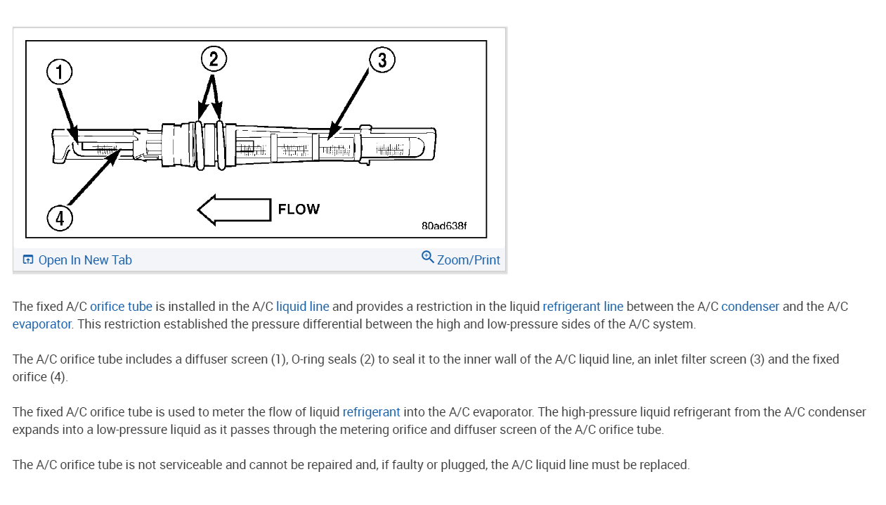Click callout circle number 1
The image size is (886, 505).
coord(60,71)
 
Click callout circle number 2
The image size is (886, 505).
coord(214,58)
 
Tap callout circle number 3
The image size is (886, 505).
coord(382,60)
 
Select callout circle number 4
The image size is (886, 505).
coord(60,218)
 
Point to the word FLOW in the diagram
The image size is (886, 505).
coord(299,210)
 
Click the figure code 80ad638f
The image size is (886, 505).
coord(444,226)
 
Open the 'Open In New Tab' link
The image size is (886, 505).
coord(85,260)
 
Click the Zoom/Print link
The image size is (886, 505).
coord(469,260)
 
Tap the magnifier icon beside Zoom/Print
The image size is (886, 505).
coord(427,257)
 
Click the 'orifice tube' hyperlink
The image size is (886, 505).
coord(121,307)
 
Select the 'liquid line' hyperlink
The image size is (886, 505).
coord(302,307)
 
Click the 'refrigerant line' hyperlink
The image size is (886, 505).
coord(582,307)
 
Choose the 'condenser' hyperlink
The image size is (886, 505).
coord(750,307)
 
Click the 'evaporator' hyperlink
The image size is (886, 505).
coord(42,324)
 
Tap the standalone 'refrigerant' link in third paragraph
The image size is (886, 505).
coord(371,412)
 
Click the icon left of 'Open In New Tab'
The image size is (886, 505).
coord(28,260)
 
